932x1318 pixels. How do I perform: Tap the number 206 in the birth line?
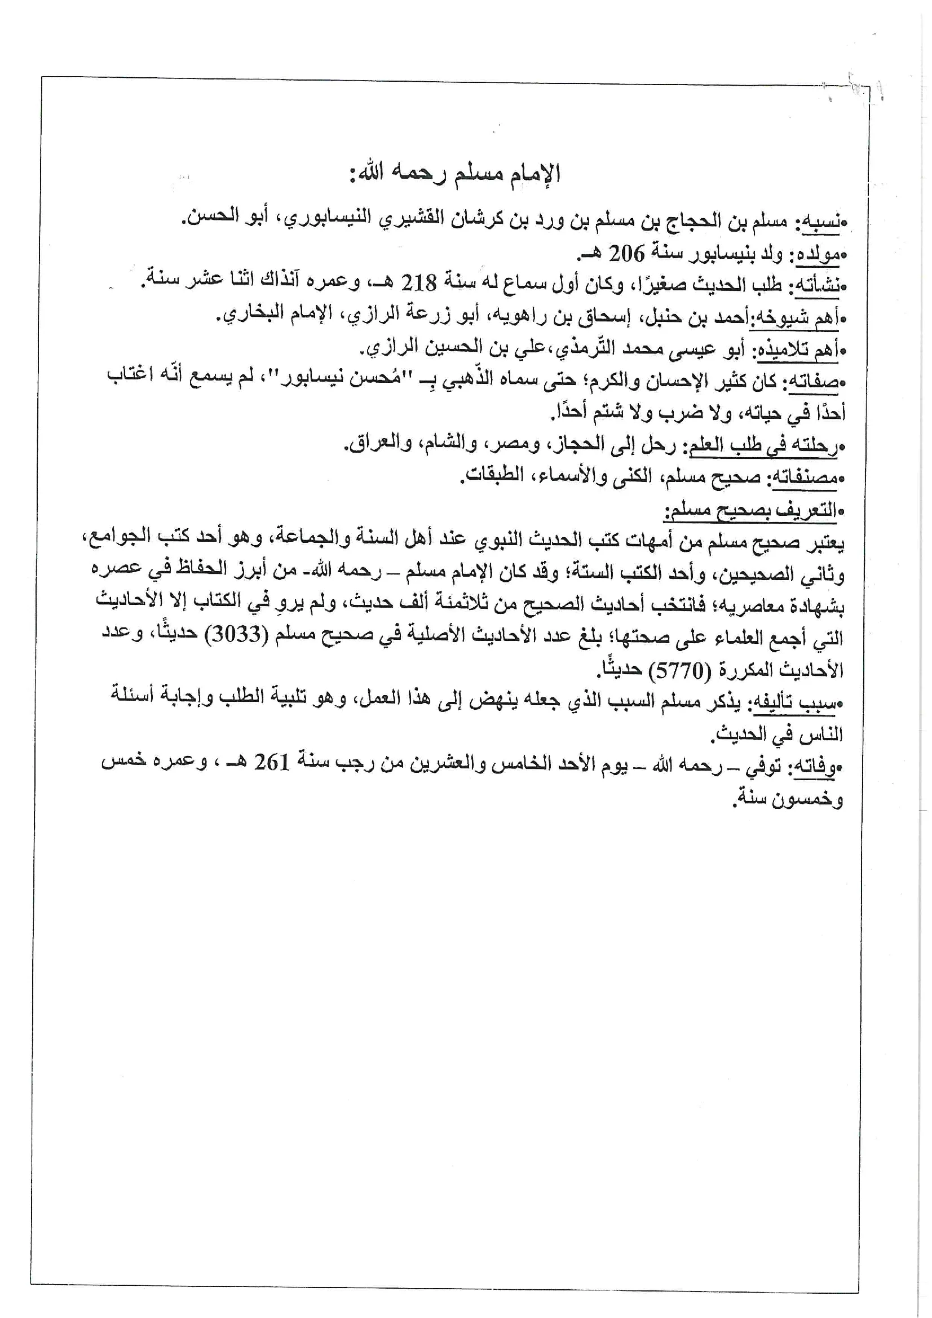626,253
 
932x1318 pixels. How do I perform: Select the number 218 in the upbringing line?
418,283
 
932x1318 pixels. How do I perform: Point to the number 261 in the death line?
272,762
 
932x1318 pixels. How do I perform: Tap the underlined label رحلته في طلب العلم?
764,445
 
